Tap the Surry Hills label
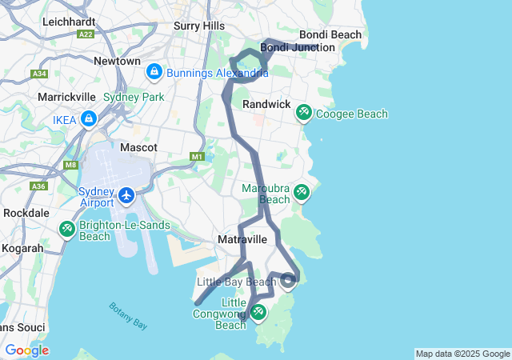(x=199, y=26)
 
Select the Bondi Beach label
(x=330, y=34)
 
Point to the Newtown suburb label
(x=117, y=61)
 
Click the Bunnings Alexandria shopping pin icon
(x=154, y=73)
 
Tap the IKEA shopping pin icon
(x=89, y=120)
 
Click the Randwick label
(x=266, y=105)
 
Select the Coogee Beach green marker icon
(x=304, y=113)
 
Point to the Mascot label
(x=138, y=147)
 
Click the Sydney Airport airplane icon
(x=126, y=195)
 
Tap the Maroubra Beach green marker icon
(x=301, y=192)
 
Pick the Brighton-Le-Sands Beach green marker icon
(x=66, y=230)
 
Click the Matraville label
(x=242, y=239)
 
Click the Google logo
(x=26, y=350)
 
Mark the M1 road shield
(x=198, y=157)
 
